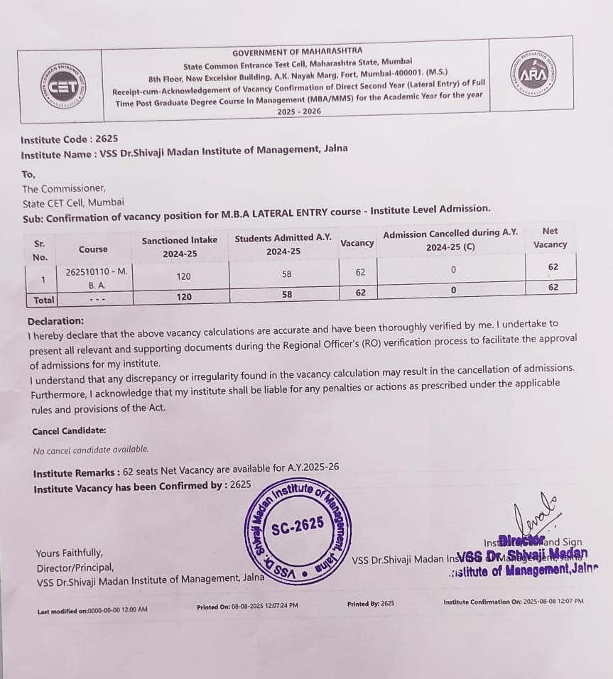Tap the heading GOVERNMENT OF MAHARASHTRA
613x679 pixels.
[297, 52]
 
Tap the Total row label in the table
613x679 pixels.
[44, 300]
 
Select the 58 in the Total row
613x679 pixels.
[287, 294]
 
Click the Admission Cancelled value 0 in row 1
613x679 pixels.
[452, 270]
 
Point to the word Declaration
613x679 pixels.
[56, 321]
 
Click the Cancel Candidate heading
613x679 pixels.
[69, 431]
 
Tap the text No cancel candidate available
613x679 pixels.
[91, 449]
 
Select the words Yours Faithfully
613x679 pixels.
[69, 553]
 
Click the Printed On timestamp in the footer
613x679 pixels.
[247, 606]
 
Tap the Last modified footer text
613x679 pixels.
[92, 610]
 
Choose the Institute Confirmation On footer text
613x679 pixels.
[513, 602]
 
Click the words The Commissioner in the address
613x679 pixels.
[64, 188]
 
